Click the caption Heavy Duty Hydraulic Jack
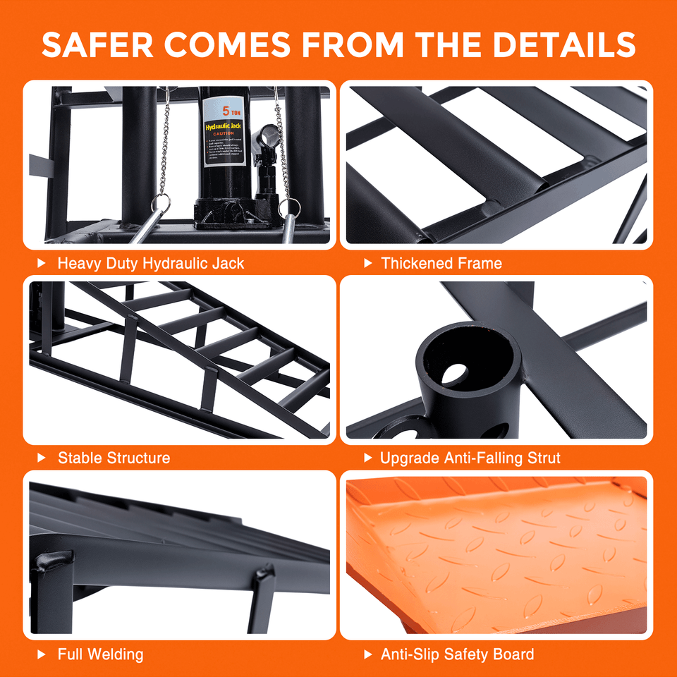[151, 264]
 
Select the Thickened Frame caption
[441, 264]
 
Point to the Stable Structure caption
[114, 458]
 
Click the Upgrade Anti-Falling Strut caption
[470, 458]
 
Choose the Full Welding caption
[100, 654]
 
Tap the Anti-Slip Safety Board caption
[458, 654]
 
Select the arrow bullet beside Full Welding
[42, 654]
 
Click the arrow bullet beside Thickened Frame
[367, 264]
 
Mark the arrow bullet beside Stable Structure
[42, 458]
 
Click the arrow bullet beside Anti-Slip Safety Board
[367, 654]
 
